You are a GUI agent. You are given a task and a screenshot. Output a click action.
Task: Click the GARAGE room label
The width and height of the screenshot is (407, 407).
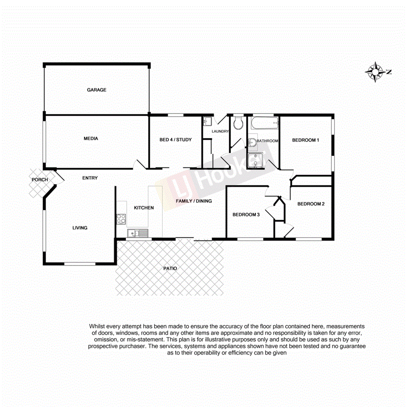97,90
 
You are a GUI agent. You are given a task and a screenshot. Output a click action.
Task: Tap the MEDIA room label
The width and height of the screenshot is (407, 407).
91,139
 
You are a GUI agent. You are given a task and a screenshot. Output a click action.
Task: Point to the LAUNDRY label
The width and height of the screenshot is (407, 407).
220,131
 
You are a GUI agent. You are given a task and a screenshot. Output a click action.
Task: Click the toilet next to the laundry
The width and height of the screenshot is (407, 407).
238,123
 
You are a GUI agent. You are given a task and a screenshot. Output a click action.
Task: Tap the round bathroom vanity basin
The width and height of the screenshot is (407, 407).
252,142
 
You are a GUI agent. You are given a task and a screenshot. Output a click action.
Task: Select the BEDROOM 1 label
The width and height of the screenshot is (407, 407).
306,140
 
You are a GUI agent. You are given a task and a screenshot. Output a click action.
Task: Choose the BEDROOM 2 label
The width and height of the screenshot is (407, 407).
311,204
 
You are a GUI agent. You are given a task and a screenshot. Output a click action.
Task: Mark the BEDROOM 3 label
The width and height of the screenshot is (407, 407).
246,215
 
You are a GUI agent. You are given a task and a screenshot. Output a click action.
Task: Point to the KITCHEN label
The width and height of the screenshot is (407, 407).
144,208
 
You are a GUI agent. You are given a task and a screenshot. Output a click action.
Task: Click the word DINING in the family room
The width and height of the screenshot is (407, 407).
203,201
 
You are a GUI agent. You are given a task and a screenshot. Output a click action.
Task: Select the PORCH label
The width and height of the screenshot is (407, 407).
39,180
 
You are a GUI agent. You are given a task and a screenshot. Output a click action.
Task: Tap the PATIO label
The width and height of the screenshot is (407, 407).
170,269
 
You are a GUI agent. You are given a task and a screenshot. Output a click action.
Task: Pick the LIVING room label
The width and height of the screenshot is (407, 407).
80,228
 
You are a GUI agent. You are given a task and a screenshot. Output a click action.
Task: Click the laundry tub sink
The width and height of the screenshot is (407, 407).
208,121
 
